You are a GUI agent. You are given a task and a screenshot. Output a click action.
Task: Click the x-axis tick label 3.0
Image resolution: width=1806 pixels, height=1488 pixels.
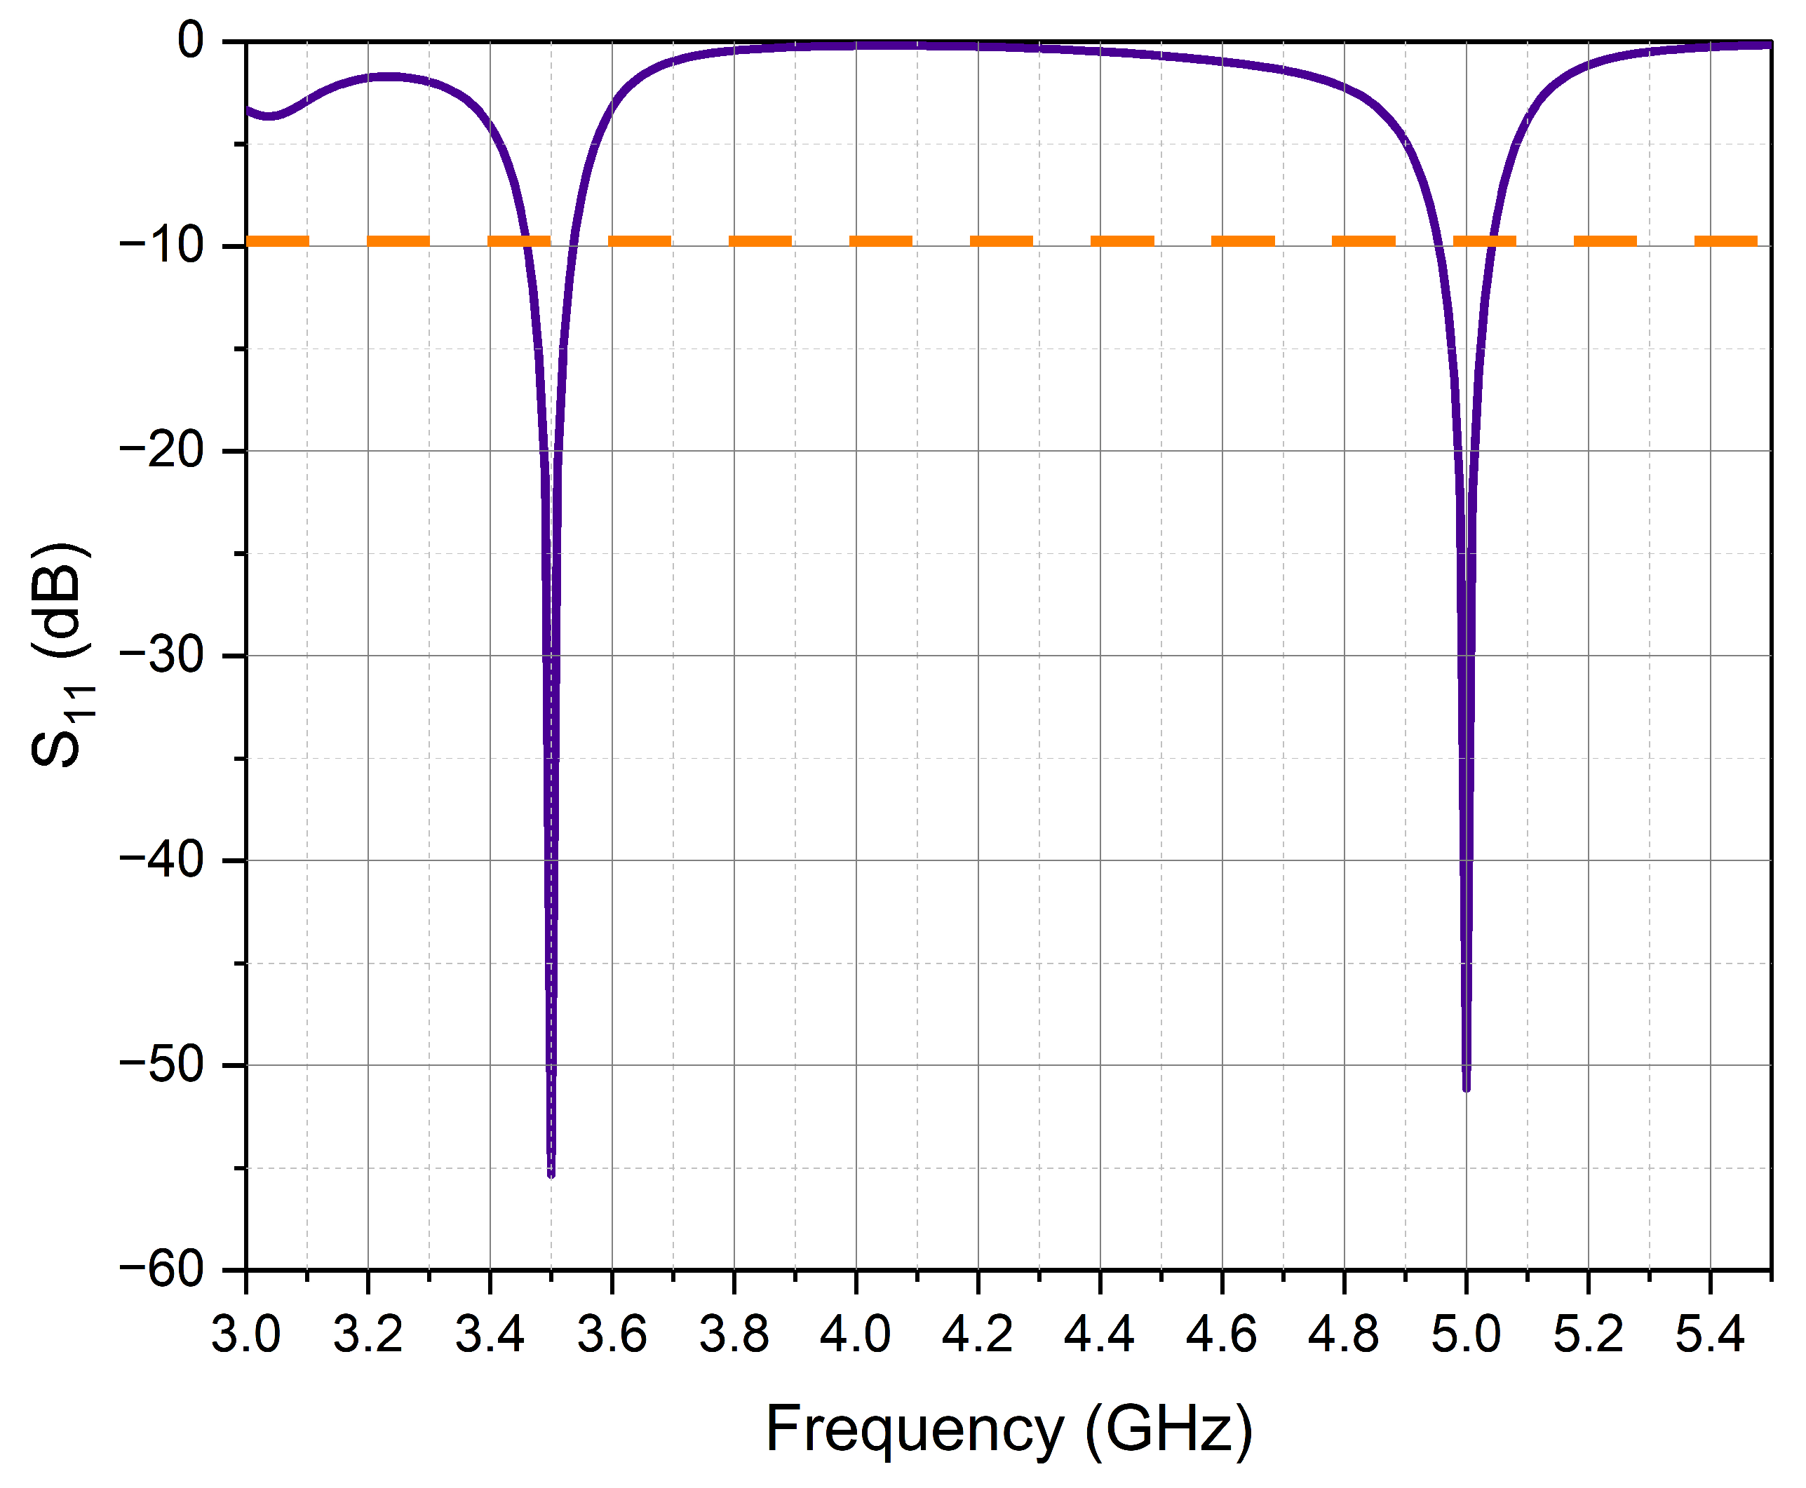246,1334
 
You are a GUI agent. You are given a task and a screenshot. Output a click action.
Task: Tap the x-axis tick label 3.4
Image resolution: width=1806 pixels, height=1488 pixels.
490,1334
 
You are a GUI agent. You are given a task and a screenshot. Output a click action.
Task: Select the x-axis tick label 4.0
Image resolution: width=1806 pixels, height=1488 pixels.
856,1334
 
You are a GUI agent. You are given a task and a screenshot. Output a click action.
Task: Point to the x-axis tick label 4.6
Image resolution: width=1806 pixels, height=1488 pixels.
1222,1334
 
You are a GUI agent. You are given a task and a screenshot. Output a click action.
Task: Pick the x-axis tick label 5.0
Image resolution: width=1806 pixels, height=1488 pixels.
1466,1334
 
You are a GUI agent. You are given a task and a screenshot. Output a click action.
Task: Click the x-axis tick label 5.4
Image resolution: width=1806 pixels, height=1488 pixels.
1710,1334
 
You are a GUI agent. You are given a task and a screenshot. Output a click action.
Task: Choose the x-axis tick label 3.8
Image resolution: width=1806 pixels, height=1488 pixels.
734,1334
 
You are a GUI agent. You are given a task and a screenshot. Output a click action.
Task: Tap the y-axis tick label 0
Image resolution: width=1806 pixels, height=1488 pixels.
190,41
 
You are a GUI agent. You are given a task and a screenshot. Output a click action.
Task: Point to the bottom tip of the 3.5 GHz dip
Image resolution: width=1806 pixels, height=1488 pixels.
551,1175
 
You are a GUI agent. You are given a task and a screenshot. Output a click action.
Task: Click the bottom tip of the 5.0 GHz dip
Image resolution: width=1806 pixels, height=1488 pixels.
1467,1088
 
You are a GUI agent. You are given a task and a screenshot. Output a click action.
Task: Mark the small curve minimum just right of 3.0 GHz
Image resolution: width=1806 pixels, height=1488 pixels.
270,116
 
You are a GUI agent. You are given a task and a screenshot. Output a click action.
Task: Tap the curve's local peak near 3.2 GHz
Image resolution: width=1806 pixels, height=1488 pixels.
387,76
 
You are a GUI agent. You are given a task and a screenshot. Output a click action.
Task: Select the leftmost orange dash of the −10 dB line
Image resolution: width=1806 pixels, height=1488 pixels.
278,241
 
